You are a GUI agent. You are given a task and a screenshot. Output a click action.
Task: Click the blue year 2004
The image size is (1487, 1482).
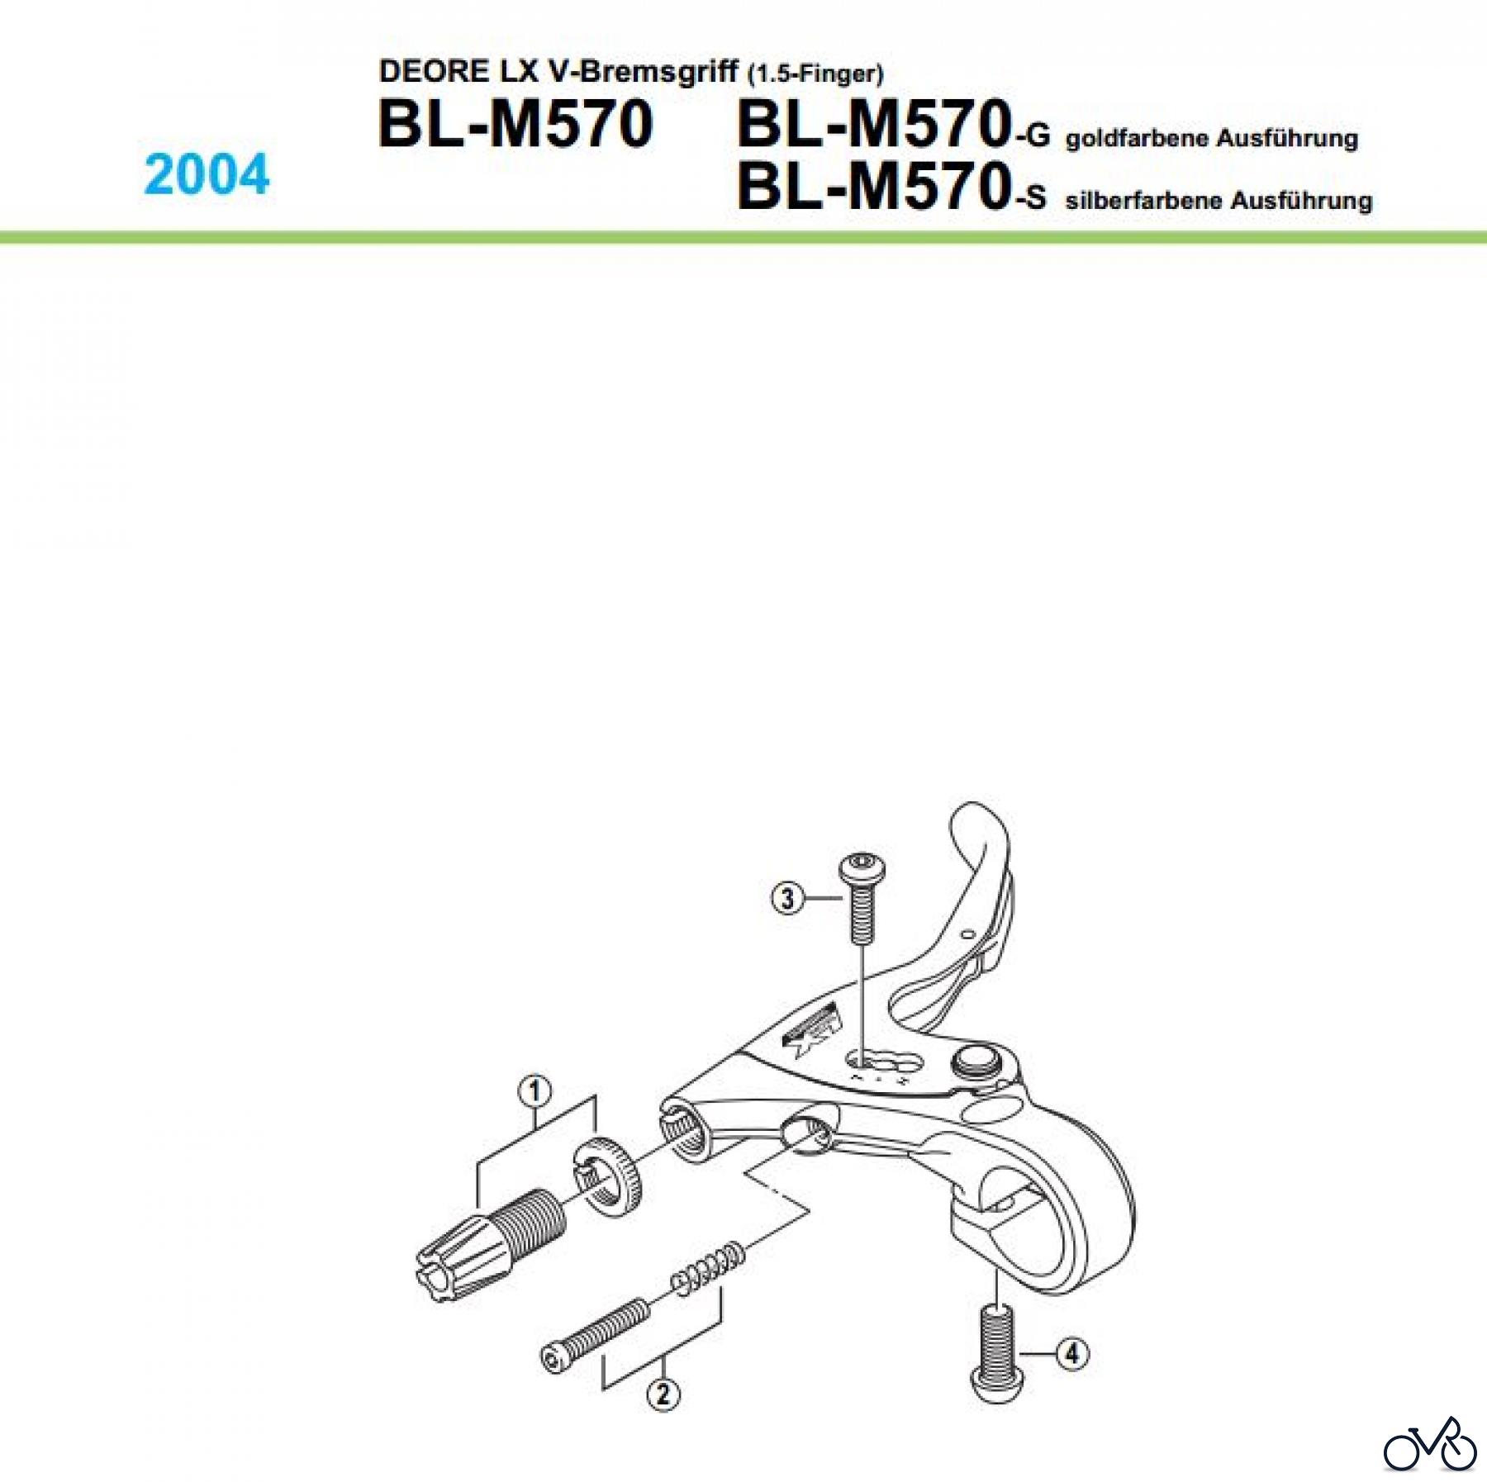207,174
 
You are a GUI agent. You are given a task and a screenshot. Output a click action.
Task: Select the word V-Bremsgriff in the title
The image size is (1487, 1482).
643,72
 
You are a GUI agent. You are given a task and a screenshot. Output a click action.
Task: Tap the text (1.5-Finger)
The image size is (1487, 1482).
815,74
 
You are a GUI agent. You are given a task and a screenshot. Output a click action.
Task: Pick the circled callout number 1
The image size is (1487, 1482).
535,1091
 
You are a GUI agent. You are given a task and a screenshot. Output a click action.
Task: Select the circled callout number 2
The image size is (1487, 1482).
663,1395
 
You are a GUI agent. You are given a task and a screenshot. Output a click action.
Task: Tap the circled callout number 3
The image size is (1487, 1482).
787,898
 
